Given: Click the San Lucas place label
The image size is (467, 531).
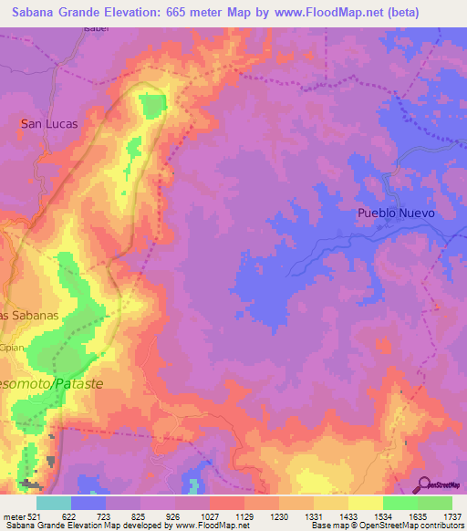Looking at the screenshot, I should [49, 123].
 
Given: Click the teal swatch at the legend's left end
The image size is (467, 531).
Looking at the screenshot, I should [53, 503].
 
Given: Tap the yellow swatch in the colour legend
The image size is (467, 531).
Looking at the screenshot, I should [365, 503].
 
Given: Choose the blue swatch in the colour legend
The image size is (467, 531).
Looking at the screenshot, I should [88, 503].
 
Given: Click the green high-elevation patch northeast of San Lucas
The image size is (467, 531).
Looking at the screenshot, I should [152, 107].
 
